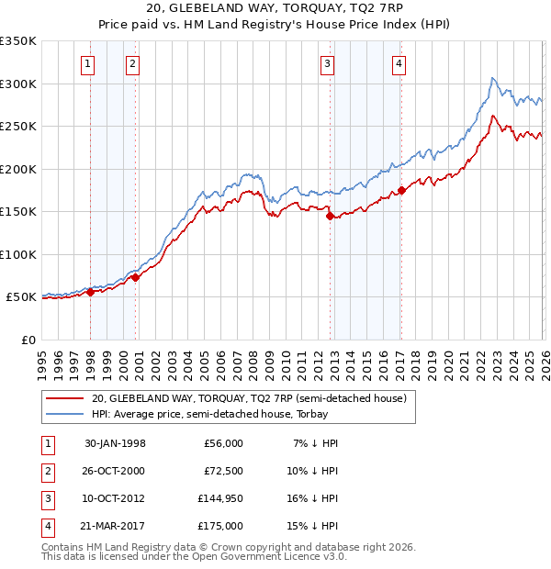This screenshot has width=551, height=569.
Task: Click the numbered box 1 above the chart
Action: point(87,63)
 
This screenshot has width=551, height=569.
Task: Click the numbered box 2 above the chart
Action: point(132,63)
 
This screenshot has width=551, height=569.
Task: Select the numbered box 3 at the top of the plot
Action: point(327,63)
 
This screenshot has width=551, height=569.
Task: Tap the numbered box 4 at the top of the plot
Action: point(399,63)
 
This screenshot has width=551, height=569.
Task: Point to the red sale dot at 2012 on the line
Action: point(330,217)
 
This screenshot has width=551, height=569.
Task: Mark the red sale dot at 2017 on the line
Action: point(401,191)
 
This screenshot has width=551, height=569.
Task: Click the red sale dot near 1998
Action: point(91,293)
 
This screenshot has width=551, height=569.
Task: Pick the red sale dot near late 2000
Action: point(135,277)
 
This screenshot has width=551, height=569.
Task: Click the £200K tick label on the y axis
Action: point(19,169)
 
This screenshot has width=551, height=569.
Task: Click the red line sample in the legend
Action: point(64,398)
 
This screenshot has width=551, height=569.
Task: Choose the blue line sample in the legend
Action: point(64,414)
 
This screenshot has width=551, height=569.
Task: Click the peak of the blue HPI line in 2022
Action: point(493,78)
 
